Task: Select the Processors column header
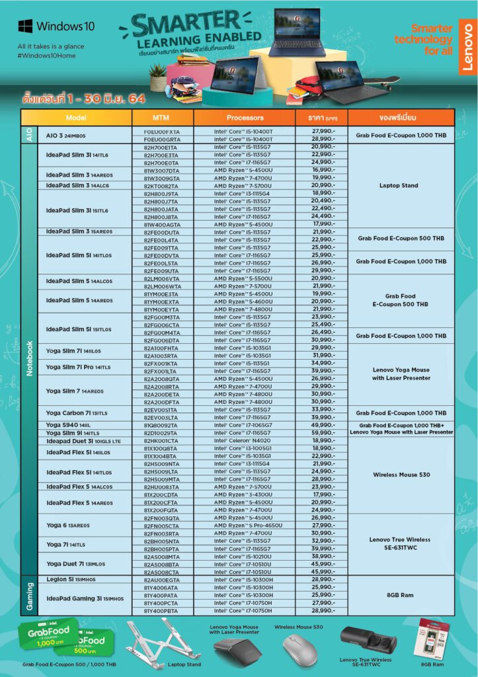tap(245, 118)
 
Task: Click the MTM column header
tap(161, 118)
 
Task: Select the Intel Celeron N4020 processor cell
tap(243, 440)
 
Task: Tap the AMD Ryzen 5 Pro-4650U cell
tap(243, 526)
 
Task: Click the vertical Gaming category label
tap(28, 596)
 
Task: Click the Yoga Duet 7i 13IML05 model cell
tap(75, 564)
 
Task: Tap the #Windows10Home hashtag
tap(47, 55)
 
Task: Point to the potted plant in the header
tap(158, 77)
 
